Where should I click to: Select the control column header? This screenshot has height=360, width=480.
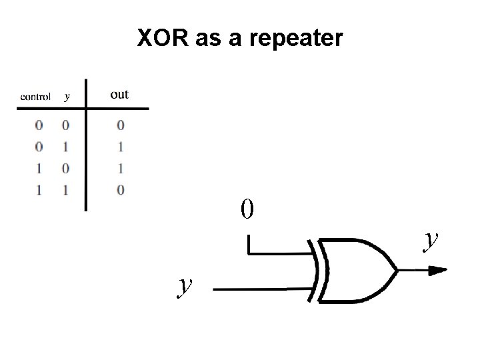pos(35,97)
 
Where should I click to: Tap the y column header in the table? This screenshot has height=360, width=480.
pos(66,97)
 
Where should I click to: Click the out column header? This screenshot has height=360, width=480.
pos(119,95)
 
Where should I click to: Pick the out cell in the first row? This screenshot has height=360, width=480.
pos(120,125)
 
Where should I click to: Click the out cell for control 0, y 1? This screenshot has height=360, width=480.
pos(120,146)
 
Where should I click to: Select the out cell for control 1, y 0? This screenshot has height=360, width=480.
pos(120,168)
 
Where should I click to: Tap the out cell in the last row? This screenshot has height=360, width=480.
pos(120,190)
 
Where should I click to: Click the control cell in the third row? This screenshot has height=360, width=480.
pos(39,168)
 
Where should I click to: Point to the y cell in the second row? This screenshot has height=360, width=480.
pos(65,146)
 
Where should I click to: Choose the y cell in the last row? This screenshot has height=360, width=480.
pos(65,190)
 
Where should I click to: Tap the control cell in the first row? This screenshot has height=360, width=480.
pos(39,125)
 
